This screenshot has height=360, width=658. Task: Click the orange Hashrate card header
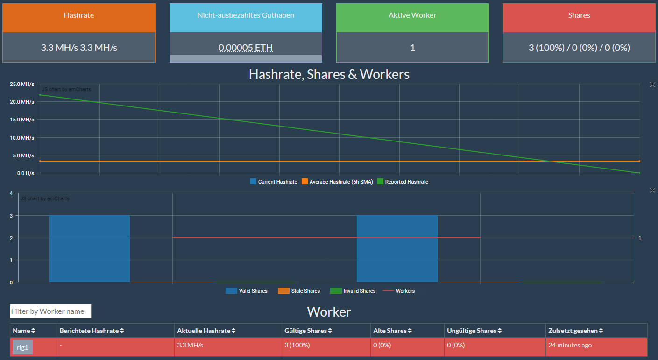tap(78, 15)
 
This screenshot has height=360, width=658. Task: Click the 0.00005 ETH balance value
tap(246, 47)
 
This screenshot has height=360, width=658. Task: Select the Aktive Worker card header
tap(412, 15)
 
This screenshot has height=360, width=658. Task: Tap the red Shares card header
tap(579, 15)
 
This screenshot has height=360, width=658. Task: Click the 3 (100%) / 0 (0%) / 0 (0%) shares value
tap(579, 47)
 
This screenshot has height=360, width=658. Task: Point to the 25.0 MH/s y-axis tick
tap(23, 84)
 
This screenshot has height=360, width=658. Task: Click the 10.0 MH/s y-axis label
tap(23, 138)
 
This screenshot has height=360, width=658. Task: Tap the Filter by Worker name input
tap(50, 311)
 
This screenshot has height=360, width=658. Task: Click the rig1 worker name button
tap(22, 347)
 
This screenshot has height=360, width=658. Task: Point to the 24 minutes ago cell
tap(570, 345)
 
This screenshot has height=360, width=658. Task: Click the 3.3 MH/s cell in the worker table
tap(190, 345)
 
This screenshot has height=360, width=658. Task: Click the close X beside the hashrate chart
tap(652, 84)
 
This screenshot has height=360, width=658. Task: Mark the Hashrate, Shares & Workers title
tap(329, 74)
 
